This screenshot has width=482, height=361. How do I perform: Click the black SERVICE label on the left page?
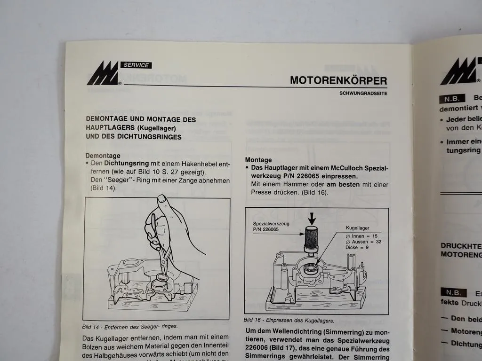(x=136, y=65)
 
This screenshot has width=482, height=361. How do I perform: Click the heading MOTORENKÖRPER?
(x=338, y=80)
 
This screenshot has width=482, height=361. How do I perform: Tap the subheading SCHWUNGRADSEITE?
(x=363, y=93)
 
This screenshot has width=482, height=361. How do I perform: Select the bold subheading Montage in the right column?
(x=258, y=160)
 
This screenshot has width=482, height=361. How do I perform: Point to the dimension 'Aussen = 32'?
(x=363, y=241)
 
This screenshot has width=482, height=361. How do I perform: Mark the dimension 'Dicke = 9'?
(x=357, y=248)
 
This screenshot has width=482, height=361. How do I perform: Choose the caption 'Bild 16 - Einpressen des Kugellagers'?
(x=289, y=321)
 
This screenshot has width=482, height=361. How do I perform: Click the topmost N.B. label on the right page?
(x=452, y=99)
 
